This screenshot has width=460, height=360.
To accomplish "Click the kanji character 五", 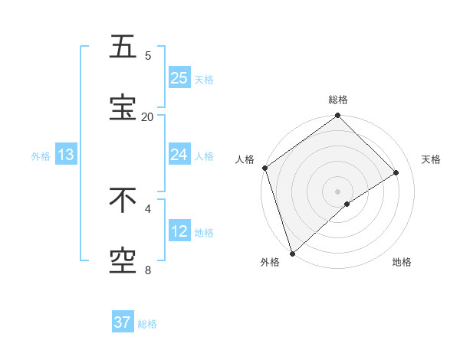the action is pyautogui.click(x=123, y=47).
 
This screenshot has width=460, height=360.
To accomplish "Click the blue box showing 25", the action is pyautogui.click(x=179, y=77).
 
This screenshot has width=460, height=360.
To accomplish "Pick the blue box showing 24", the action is pyautogui.click(x=179, y=155).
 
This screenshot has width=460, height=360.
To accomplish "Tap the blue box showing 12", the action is pyautogui.click(x=179, y=231).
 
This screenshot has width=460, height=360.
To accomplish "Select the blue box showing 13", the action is pyautogui.click(x=66, y=155).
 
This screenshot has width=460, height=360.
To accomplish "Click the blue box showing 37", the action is pyautogui.click(x=123, y=322).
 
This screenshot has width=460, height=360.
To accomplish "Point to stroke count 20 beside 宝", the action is pyautogui.click(x=147, y=116).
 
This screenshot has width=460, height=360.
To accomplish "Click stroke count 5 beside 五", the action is pyautogui.click(x=147, y=55).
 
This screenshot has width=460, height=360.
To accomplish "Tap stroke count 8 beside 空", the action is pyautogui.click(x=147, y=270).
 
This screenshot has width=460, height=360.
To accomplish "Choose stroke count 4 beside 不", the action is pyautogui.click(x=147, y=208).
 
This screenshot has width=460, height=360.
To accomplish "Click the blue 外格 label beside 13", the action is pyautogui.click(x=41, y=156).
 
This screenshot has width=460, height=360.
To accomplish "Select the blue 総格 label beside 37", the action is pyautogui.click(x=147, y=324).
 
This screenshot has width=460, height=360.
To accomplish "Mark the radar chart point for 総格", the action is pyautogui.click(x=337, y=116).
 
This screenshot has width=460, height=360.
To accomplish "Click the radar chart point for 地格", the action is pyautogui.click(x=347, y=204).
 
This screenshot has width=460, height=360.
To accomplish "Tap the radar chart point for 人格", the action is pyautogui.click(x=265, y=168).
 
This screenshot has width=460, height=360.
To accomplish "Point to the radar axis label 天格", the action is pyautogui.click(x=431, y=159).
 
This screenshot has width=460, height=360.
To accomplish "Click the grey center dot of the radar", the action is pyautogui.click(x=337, y=191).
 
